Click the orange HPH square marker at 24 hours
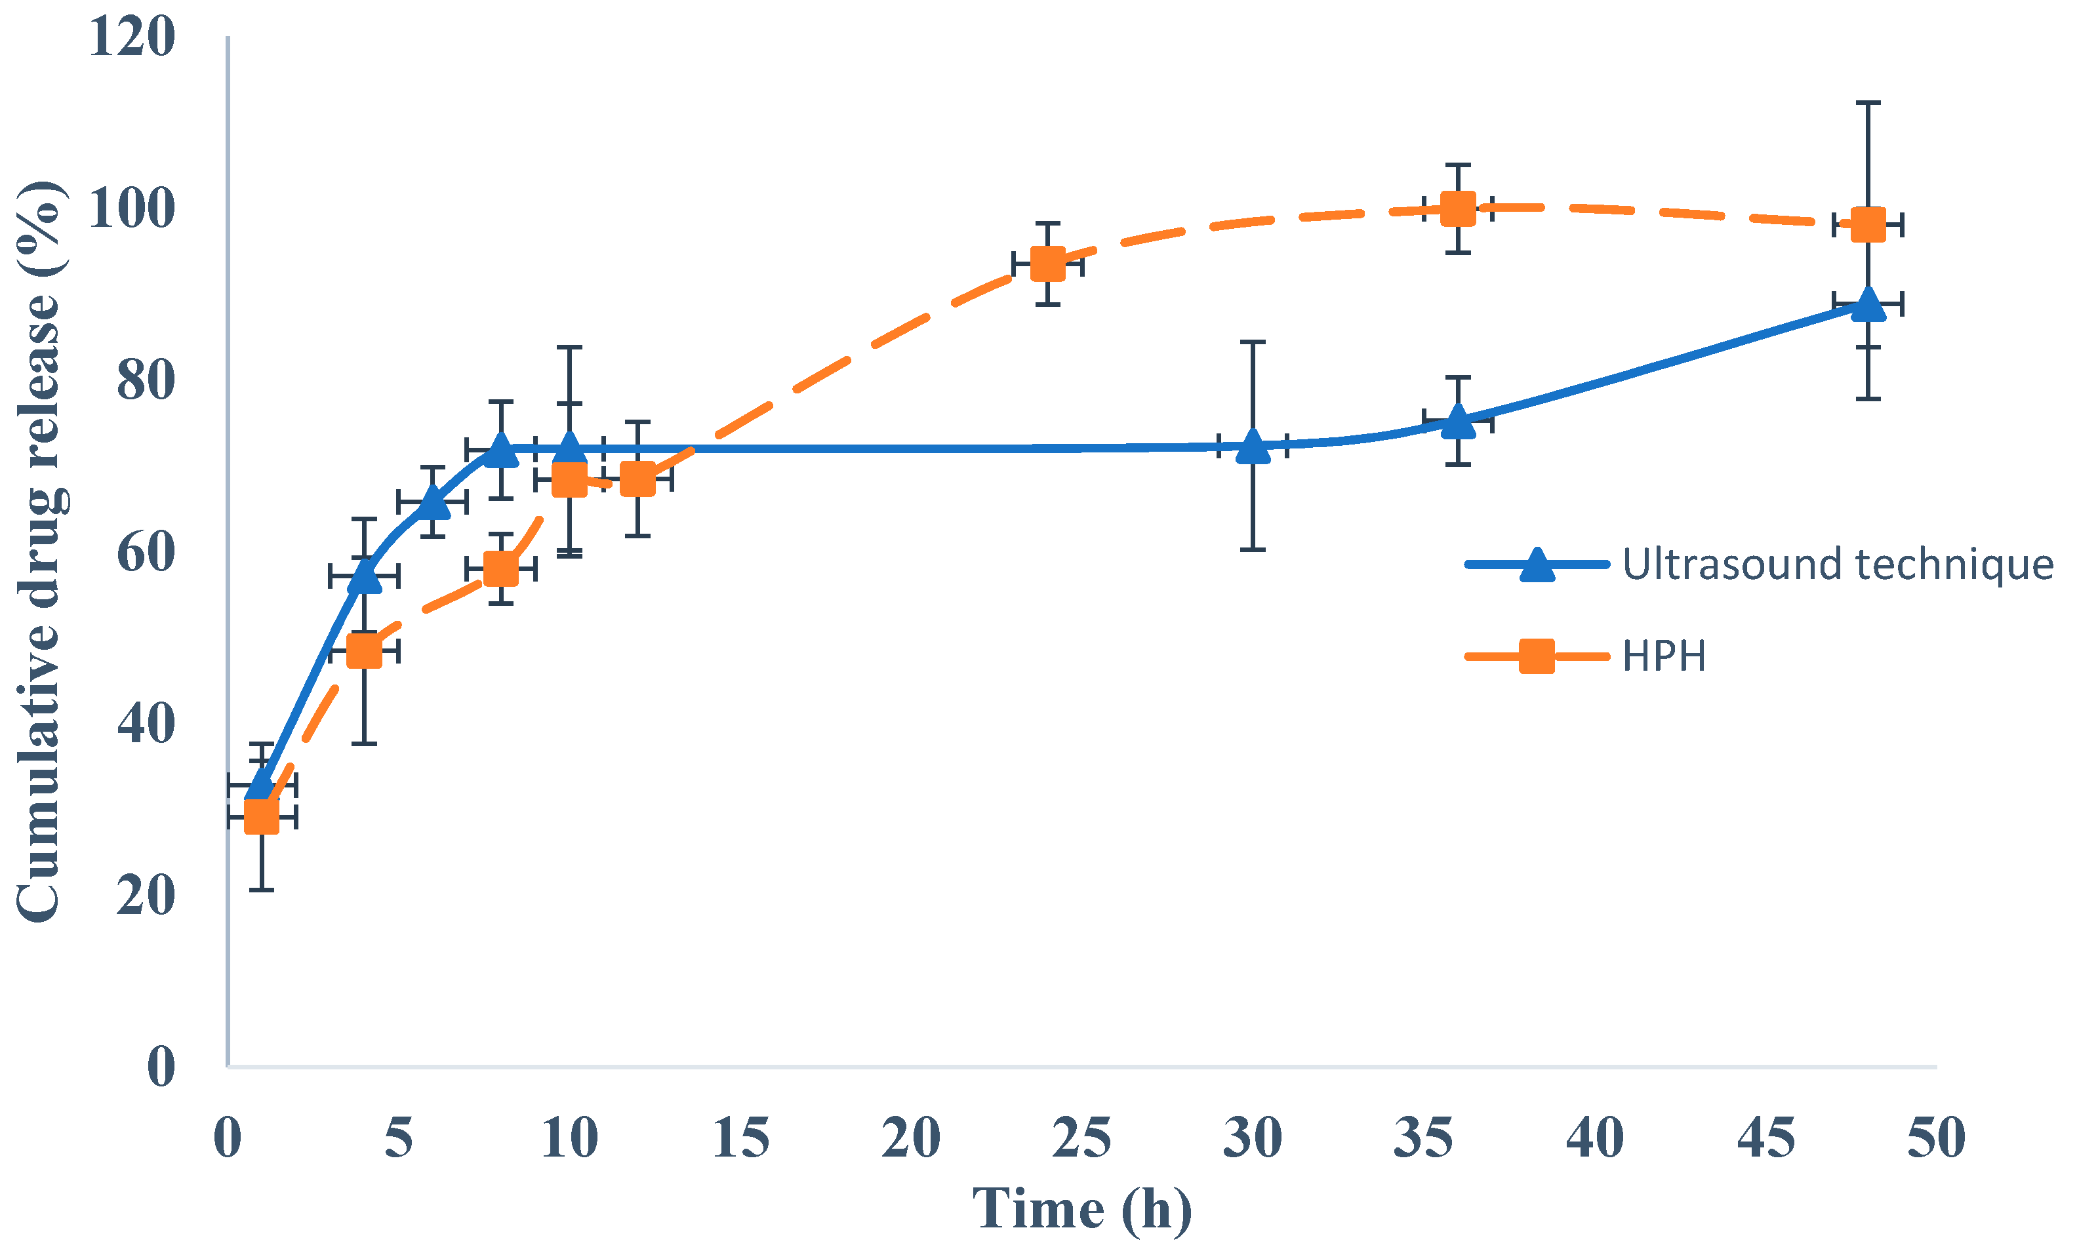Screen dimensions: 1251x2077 tap(1048, 264)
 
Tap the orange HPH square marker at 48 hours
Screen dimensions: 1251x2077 tap(1868, 225)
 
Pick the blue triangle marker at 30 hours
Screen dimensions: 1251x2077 tap(1253, 447)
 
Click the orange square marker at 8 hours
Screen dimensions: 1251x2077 tap(500, 569)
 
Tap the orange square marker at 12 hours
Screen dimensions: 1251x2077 tap(637, 480)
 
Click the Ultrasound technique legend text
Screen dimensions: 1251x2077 tap(1838, 564)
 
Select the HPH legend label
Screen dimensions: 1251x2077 tap(1664, 656)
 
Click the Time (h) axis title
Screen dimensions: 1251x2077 tap(1081, 1209)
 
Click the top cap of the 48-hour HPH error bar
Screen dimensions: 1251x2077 tap(1868, 103)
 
